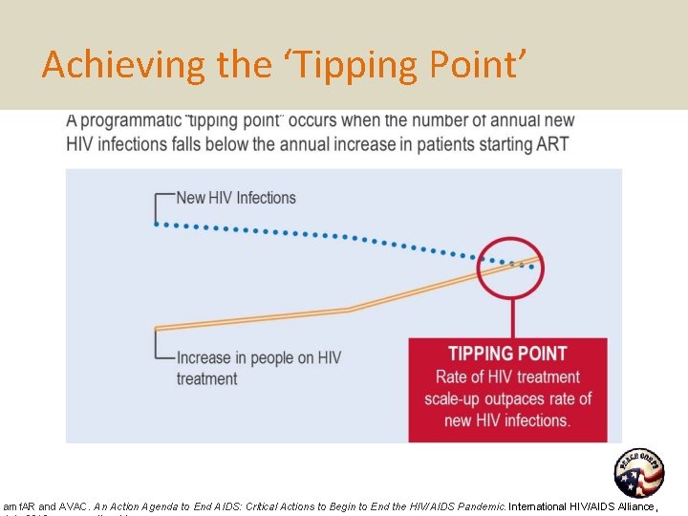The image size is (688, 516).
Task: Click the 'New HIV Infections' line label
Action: [x=236, y=198]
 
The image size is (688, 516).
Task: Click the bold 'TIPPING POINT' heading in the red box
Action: [x=507, y=354]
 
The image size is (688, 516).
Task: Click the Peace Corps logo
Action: [x=638, y=473]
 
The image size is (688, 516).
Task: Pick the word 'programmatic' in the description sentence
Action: [x=130, y=120]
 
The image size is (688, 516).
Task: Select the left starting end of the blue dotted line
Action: [x=158, y=224]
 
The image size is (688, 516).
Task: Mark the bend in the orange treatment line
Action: [x=350, y=309]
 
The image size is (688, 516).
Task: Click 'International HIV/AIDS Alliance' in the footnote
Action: [x=583, y=505]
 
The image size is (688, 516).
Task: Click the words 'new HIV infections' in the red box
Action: [x=507, y=420]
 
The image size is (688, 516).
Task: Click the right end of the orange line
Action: [x=541, y=259]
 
